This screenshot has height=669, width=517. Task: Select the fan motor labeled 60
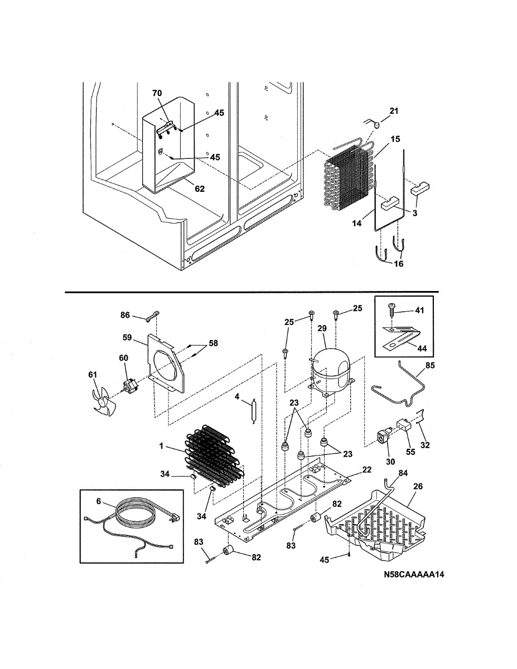132,384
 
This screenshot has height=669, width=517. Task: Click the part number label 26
418,486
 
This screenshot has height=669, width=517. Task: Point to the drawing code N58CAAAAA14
413,575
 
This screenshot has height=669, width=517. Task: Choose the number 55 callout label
410,452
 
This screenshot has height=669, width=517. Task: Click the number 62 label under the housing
199,189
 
